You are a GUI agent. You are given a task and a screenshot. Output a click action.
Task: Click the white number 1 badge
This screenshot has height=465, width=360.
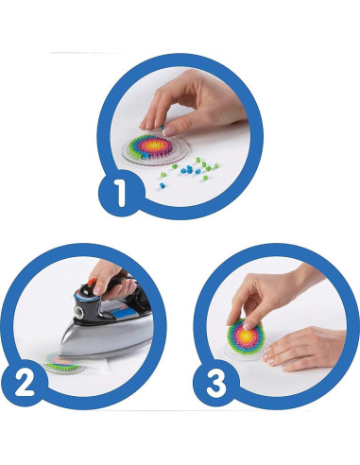(x=121, y=192)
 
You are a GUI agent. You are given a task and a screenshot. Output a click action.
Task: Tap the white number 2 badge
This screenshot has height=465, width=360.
(x=25, y=383)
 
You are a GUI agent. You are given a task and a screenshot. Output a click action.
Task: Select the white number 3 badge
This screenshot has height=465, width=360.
(x=216, y=383)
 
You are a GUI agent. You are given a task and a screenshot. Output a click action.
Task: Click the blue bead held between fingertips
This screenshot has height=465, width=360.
(x=163, y=127)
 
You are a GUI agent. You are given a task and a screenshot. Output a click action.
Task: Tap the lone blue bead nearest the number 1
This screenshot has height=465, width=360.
(x=163, y=185)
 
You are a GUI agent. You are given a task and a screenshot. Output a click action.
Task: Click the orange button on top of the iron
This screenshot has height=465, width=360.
(x=93, y=283)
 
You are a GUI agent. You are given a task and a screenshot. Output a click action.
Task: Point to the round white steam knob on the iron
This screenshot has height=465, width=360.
(x=79, y=312)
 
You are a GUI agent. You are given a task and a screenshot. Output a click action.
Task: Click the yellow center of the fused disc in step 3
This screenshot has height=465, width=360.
(x=246, y=333)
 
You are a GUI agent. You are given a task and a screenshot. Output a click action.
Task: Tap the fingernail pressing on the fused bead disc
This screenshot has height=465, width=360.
(x=249, y=326)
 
